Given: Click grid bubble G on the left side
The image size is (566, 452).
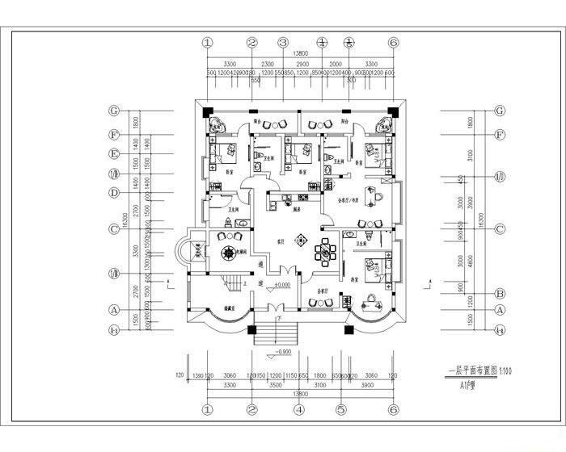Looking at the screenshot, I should point(115,111).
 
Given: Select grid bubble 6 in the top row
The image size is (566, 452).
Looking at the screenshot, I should point(393,43).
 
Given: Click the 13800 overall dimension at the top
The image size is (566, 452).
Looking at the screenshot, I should point(300,52).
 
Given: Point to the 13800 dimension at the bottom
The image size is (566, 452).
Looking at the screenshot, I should point(300,394).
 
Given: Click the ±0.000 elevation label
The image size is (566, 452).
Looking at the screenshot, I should point(282,286).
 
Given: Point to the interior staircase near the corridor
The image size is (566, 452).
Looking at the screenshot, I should point(233,283).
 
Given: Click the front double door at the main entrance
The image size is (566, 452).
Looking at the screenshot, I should point(275,308).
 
